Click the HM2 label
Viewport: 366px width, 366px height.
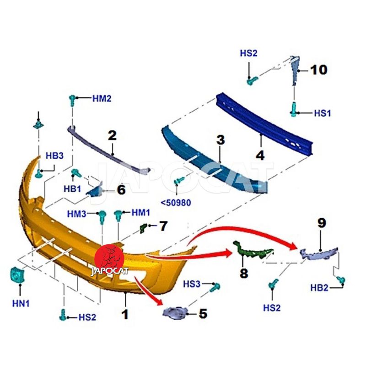102,98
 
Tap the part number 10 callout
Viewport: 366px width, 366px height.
319,70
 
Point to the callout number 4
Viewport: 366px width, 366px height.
260,155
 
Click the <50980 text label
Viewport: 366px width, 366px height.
175,201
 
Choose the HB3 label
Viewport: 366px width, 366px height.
54,156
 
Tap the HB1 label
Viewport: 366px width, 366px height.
72,188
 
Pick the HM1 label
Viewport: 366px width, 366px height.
141,212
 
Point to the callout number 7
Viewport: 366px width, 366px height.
163,226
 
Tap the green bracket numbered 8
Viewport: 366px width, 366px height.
252,252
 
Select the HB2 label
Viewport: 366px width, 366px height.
320,288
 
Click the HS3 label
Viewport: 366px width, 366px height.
192,284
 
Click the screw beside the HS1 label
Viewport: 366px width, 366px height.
294,110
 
